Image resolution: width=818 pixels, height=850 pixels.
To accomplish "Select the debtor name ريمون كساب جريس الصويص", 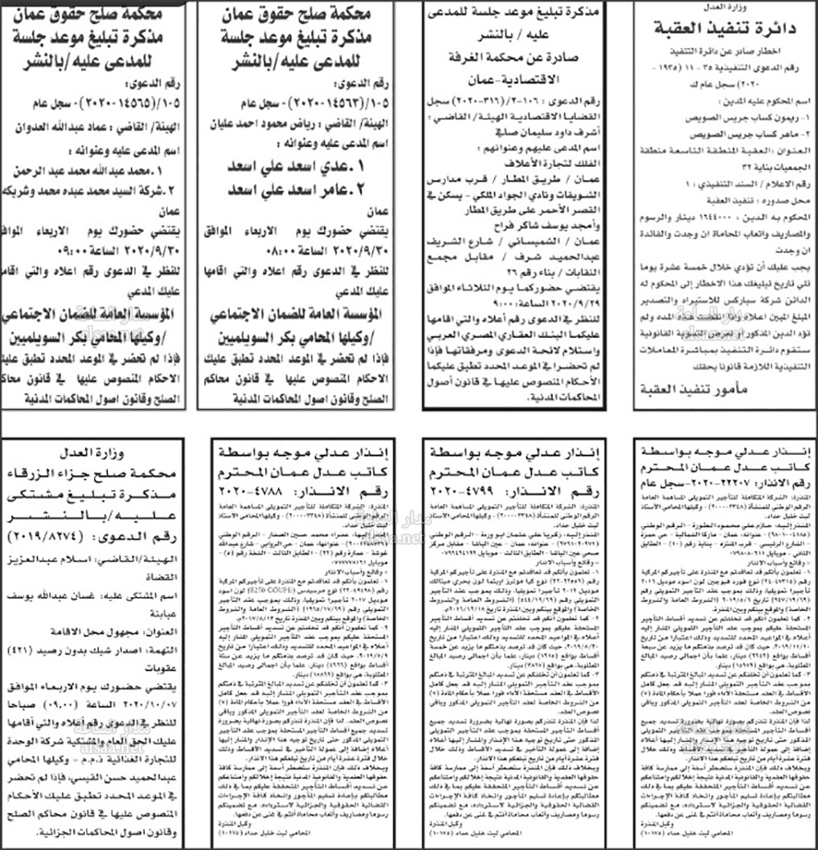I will pos(720,119).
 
